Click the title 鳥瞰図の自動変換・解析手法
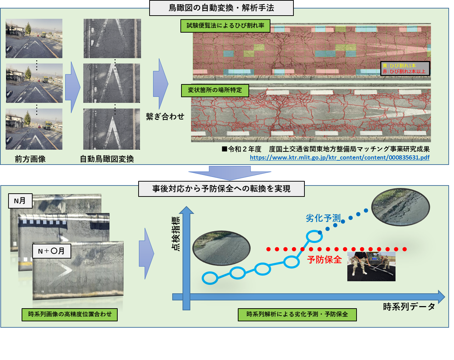point(221,8)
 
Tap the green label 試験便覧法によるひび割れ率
point(225,26)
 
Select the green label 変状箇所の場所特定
point(215,90)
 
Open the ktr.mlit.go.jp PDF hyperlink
point(340,157)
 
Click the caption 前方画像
point(30,159)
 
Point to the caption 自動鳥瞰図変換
point(107,159)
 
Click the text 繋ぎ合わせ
point(165,116)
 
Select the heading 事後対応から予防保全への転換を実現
point(221,189)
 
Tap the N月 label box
point(20,201)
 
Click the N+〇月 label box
point(51,251)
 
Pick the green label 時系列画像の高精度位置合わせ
point(69,314)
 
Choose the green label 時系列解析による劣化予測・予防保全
point(297,314)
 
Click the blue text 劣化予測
point(323,218)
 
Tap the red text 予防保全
point(324,260)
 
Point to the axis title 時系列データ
point(409,307)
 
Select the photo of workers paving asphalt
point(371,267)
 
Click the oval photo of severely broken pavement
point(400,207)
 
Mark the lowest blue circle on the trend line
point(210,278)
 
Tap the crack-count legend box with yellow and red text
point(405,68)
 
